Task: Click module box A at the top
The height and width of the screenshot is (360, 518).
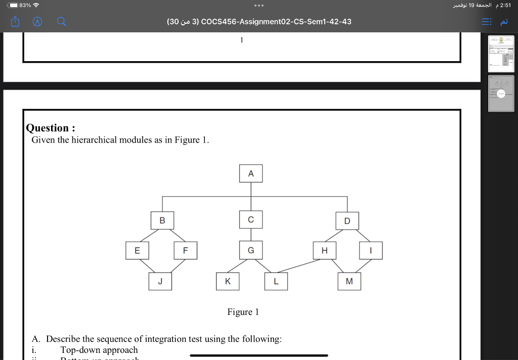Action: (x=251, y=173)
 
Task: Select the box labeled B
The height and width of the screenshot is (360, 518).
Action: (x=162, y=220)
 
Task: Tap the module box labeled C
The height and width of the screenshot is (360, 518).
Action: (x=251, y=219)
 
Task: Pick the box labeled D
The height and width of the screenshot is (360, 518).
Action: (x=347, y=220)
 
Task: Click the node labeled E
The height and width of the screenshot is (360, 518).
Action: (x=137, y=250)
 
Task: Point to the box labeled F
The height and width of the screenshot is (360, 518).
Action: (x=186, y=250)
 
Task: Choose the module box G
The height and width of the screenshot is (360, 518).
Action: (x=251, y=250)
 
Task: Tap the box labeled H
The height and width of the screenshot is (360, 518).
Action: (x=324, y=250)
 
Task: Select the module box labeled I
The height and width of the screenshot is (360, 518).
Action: (x=371, y=250)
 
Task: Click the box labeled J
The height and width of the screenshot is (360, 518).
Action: (x=160, y=281)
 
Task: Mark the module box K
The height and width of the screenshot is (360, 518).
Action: (x=228, y=281)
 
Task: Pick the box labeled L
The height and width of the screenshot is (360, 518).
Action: (x=276, y=281)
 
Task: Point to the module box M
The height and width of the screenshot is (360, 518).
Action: (x=350, y=281)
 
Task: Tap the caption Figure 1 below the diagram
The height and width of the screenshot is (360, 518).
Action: (x=243, y=312)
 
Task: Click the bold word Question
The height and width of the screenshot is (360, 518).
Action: (x=48, y=128)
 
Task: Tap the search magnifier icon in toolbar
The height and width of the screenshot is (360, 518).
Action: (x=61, y=22)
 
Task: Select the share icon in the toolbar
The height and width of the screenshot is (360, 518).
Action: (x=14, y=22)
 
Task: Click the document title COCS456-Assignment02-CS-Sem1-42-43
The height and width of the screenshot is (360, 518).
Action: (x=276, y=22)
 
